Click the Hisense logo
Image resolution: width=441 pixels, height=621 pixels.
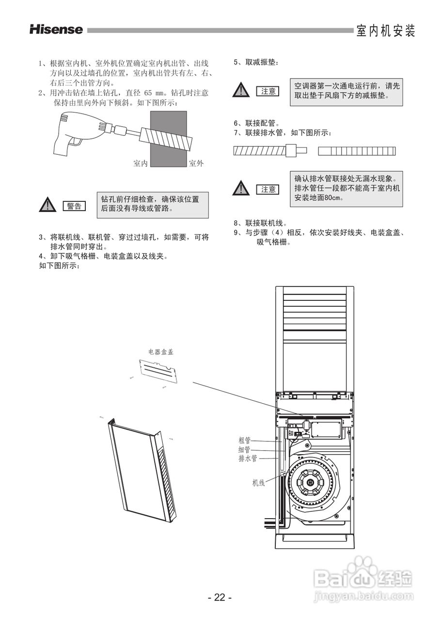pos(56,30)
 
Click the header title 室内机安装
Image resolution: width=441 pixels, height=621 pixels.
pos(386,31)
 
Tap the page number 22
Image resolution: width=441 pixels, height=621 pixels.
pos(220,597)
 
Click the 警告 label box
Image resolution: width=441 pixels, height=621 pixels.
pos(74,206)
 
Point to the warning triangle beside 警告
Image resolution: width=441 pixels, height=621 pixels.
pos(48,206)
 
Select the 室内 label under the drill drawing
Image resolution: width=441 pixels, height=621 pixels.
pos(141,163)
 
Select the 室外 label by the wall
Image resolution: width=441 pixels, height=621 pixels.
pos(196,163)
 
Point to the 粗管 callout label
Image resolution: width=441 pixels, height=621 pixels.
pos(245,441)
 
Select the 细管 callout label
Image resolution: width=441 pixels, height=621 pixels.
pos(245,450)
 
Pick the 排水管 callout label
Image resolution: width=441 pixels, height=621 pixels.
pos(248,458)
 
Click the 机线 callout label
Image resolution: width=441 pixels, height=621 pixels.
pos(258,483)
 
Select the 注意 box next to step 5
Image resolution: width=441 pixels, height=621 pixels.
pos(268,91)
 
